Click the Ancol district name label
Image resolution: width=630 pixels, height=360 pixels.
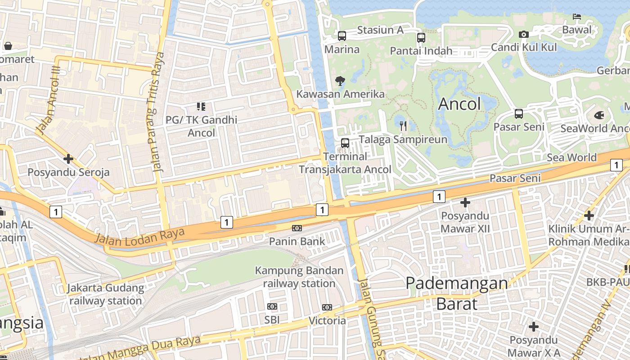point(459,104)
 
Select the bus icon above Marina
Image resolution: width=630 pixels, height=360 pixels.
point(342,36)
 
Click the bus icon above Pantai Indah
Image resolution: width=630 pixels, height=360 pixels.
point(421,38)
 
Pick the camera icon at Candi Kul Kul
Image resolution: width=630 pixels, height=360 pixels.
point(523,34)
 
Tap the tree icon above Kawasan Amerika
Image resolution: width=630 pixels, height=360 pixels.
point(340,81)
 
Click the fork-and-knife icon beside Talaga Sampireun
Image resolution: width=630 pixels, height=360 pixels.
point(403,126)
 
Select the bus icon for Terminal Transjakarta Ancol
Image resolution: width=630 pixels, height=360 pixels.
point(345,143)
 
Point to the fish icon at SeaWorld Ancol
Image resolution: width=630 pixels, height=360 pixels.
point(599,115)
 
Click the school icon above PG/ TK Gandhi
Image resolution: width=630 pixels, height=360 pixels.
point(201,107)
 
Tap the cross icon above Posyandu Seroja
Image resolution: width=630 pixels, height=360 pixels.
point(68,159)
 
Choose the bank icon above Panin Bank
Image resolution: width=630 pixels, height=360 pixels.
point(297,228)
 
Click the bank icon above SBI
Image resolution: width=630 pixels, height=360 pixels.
point(272,306)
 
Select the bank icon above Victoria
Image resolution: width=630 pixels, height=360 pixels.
point(327,307)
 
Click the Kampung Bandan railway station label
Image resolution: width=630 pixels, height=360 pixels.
point(299,277)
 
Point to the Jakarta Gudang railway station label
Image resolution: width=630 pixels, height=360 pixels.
point(106,294)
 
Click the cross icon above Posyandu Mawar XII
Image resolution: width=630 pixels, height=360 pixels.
point(465,202)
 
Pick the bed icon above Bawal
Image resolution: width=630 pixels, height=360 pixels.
point(577,17)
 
